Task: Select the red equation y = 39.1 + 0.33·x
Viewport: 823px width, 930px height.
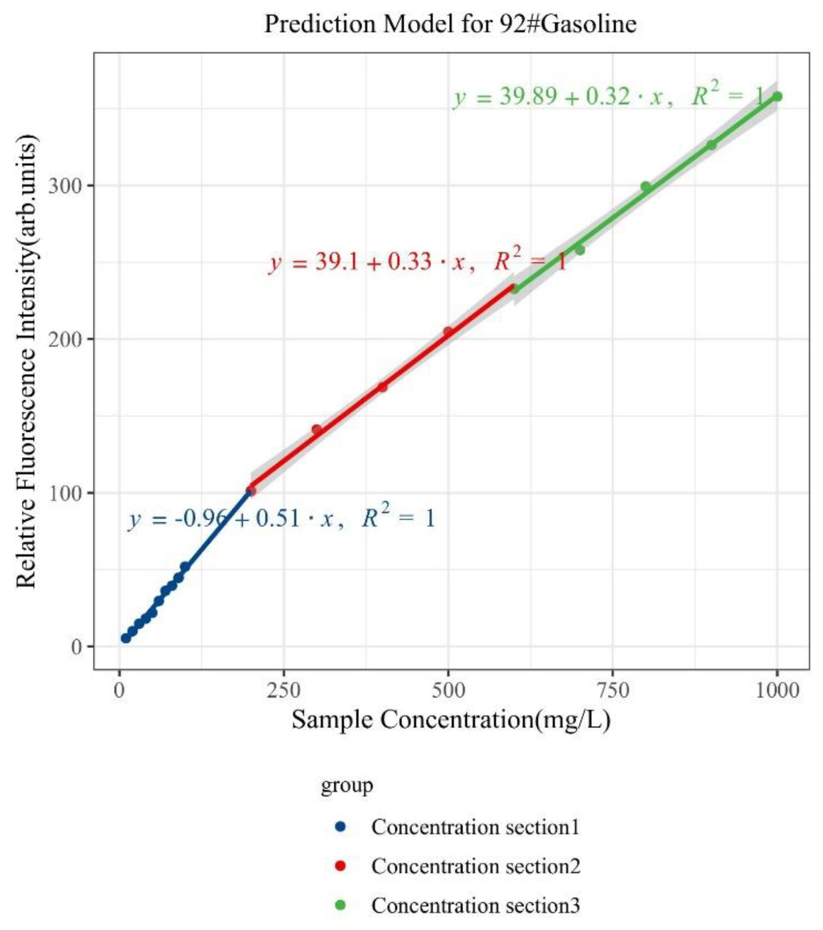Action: (417, 263)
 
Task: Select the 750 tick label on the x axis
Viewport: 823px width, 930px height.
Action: (612, 691)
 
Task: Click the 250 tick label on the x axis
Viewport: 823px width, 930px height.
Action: (284, 691)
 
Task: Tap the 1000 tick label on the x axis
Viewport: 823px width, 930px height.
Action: (777, 691)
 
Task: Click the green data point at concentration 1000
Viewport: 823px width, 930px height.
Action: (777, 96)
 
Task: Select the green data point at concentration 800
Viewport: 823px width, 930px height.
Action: (646, 186)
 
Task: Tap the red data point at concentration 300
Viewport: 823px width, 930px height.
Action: (316, 429)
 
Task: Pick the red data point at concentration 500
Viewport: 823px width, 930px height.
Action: (448, 332)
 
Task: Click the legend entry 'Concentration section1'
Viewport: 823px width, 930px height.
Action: (475, 827)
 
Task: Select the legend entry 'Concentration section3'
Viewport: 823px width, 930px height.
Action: (475, 905)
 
